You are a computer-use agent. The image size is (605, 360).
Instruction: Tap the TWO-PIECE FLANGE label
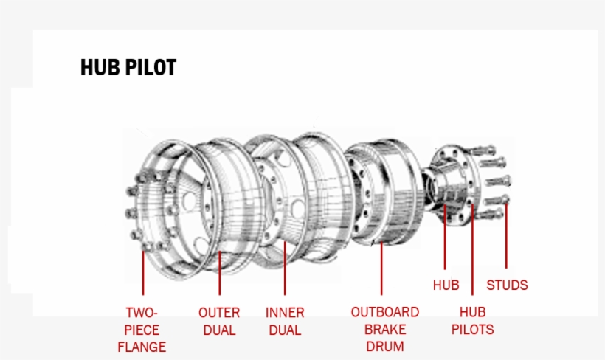[x=142, y=329]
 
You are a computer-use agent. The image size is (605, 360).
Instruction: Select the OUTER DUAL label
[x=219, y=321]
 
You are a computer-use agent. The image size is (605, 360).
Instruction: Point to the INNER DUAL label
[x=285, y=321]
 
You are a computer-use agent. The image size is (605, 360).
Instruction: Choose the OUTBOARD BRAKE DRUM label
[x=384, y=329]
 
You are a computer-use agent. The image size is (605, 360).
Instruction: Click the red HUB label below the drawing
[x=446, y=285]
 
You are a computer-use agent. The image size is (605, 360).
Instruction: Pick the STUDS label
[x=507, y=285]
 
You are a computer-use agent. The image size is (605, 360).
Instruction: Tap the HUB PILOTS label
[x=472, y=321]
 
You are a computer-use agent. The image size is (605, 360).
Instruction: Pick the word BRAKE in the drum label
[x=384, y=329]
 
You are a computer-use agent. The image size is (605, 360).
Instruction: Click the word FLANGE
[x=142, y=347]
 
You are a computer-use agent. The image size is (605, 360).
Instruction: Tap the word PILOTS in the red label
[x=472, y=330]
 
